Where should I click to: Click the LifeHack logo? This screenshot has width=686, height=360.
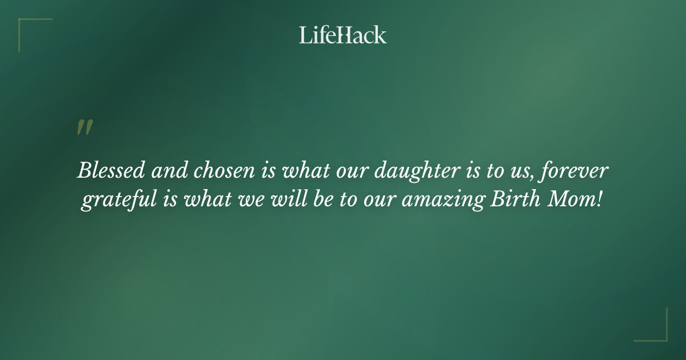coord(343,35)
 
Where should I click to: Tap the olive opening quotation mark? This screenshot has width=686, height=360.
coord(85,127)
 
